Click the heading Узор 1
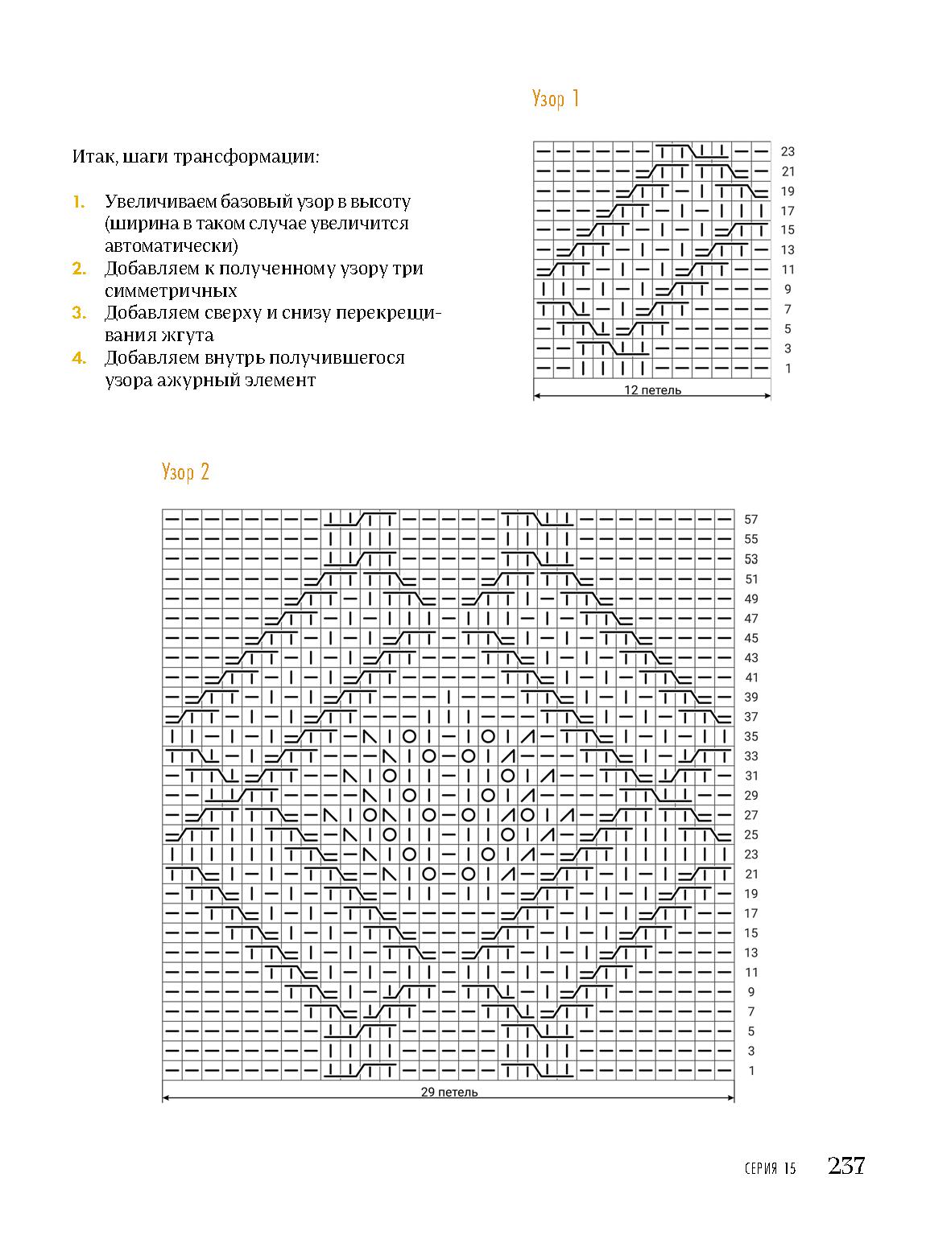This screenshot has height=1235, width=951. click(x=556, y=99)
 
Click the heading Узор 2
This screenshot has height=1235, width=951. click(x=185, y=471)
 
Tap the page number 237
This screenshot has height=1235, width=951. click(x=846, y=1165)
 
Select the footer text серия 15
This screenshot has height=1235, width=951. click(x=771, y=1168)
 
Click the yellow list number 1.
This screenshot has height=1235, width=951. click(x=78, y=202)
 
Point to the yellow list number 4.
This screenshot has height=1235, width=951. click(x=78, y=358)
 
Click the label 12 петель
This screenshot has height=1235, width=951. click(x=652, y=391)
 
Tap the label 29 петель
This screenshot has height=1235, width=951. click(x=449, y=1093)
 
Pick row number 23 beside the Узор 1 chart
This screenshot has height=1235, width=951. click(x=788, y=151)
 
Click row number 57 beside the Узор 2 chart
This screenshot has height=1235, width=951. click(x=751, y=520)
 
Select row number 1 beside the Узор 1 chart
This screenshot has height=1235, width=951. click(x=788, y=368)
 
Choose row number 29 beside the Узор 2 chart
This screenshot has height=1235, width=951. click(x=751, y=796)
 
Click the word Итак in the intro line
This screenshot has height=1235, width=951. click(x=89, y=156)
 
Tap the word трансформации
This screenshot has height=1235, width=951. click(x=260, y=156)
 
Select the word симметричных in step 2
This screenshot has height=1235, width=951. click(x=171, y=291)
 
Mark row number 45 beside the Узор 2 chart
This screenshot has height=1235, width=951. click(x=751, y=638)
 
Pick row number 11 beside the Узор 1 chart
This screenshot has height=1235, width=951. click(x=788, y=270)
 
